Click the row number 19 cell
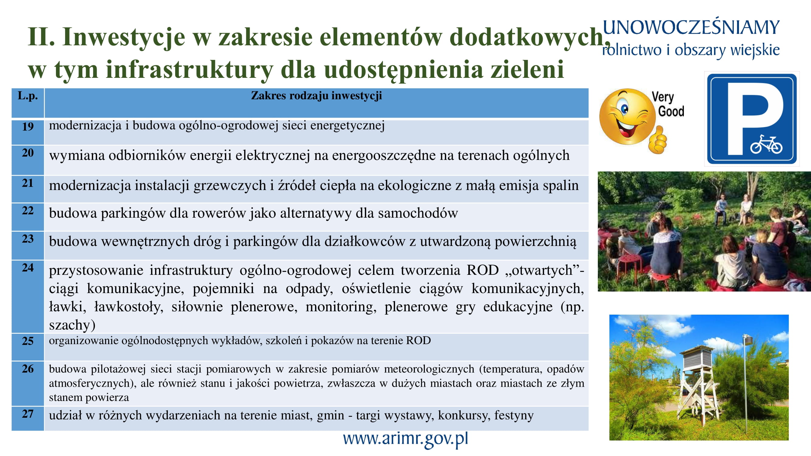28,132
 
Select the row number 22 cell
28,217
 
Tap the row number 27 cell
28,418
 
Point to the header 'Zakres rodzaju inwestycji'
317,95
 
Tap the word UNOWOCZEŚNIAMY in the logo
691,28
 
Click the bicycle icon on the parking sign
766,144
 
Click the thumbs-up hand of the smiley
657,141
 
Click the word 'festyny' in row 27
514,415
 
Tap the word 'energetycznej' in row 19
348,126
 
